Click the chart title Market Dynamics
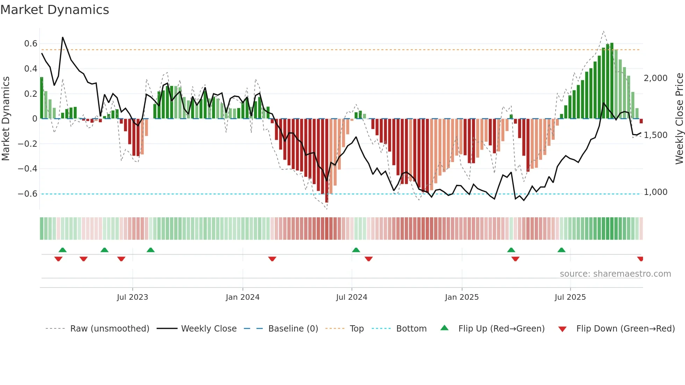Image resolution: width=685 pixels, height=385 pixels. tap(55, 10)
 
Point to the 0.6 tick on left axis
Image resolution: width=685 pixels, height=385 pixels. tap(31, 44)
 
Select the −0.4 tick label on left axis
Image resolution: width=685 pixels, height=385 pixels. tap(28, 169)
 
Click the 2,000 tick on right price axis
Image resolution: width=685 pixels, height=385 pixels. tap(656, 78)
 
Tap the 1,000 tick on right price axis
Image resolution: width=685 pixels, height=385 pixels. tap(656, 192)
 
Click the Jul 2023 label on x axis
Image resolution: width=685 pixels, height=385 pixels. tap(132, 297)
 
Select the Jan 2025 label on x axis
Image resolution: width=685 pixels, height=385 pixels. tap(462, 297)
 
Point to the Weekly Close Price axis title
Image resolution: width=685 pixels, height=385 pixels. tap(679, 119)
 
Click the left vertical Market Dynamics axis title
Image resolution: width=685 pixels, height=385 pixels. tap(6, 119)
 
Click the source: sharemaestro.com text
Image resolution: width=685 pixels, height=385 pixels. tap(615, 274)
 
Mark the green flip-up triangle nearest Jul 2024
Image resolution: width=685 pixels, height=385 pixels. tap(356, 250)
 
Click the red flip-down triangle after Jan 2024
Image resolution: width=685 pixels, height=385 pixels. tap(272, 259)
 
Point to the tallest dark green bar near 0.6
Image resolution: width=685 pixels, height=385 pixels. tap(612, 80)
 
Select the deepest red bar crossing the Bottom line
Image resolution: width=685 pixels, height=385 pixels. tap(326, 161)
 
